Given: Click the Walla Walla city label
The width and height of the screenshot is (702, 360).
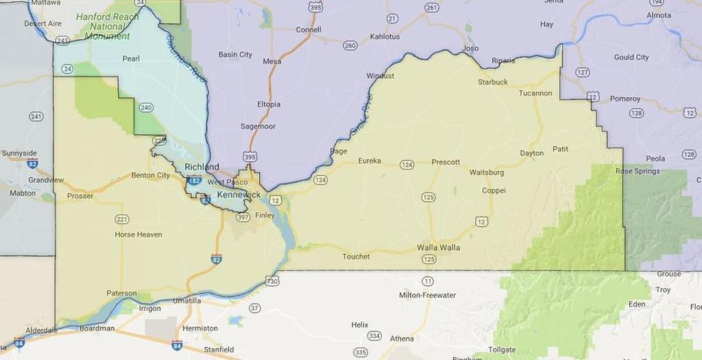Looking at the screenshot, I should [438, 247].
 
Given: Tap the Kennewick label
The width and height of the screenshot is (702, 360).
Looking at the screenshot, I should [239, 194].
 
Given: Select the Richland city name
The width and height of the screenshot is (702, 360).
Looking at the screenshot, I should [201, 167].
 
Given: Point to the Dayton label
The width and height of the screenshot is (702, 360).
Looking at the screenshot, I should [531, 153].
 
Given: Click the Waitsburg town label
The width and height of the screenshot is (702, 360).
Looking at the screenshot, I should [486, 172].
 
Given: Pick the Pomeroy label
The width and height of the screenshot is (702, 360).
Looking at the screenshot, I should [624, 98].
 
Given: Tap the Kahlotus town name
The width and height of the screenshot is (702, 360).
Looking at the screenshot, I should [385, 36].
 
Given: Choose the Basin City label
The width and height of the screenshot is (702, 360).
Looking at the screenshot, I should [235, 54].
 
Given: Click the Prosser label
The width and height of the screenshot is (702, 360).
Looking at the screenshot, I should [80, 196].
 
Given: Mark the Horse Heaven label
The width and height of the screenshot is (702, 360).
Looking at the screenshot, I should [138, 234].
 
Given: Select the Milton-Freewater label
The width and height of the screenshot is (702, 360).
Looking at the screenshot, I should [427, 295].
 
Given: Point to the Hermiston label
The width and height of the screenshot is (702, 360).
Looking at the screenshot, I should [200, 328].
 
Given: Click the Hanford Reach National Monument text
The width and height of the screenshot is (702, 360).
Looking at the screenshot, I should [108, 26].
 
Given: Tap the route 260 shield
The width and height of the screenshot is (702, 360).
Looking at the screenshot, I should [350, 46].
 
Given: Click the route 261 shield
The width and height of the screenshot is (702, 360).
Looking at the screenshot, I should [432, 8].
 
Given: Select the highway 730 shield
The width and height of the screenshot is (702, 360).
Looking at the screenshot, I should [272, 281].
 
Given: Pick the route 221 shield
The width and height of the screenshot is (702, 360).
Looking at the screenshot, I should [122, 219].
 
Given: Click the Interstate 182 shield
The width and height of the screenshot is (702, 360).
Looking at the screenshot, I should [194, 181].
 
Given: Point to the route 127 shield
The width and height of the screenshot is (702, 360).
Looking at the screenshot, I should [583, 72].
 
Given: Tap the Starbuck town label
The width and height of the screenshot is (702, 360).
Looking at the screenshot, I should [493, 82].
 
